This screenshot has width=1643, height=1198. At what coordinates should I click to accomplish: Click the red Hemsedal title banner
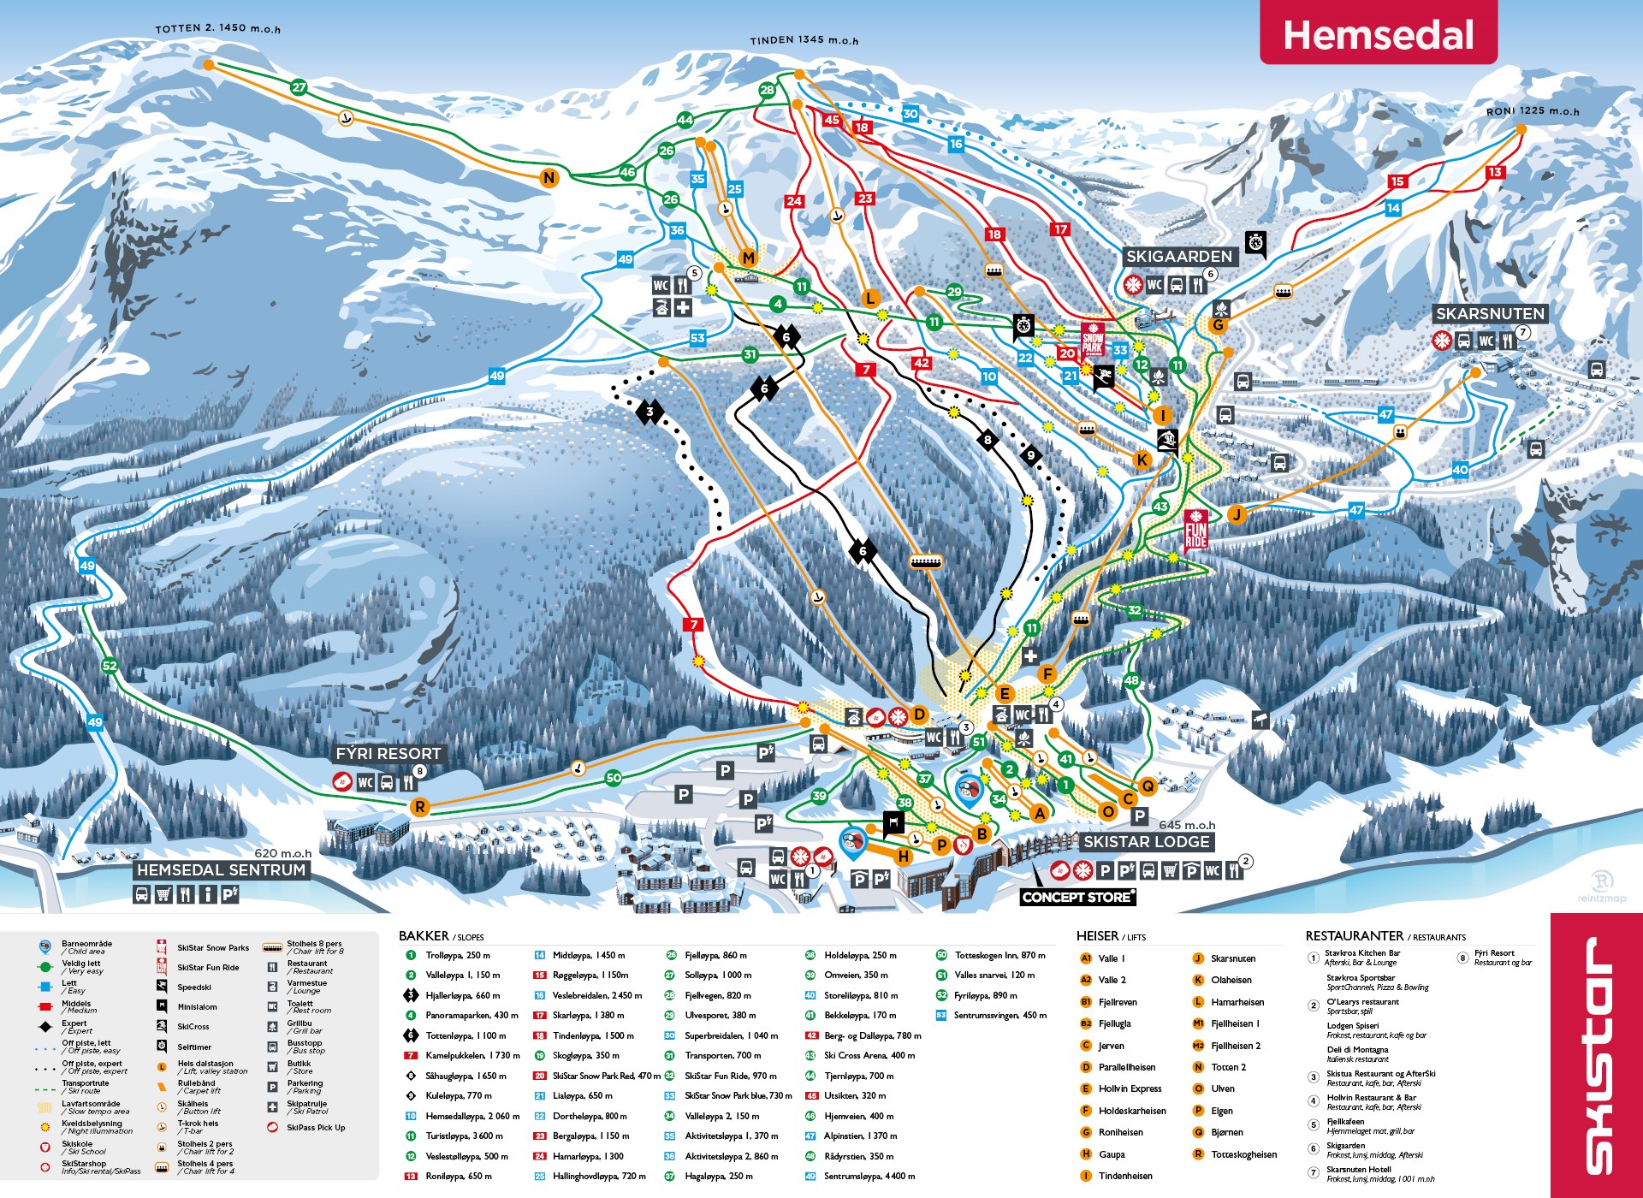click(1378, 34)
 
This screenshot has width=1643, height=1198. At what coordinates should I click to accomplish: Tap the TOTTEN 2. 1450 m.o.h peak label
click(217, 28)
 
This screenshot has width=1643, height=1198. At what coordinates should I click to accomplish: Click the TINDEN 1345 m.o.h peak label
click(804, 39)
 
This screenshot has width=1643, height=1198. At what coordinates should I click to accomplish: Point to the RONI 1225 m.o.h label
click(1532, 111)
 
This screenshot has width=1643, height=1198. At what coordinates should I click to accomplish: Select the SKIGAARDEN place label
click(1178, 257)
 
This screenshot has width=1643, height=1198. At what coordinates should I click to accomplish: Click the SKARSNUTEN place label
click(1489, 314)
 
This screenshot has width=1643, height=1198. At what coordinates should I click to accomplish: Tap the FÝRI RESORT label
click(388, 754)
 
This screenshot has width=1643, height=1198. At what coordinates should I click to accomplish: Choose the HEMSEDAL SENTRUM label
click(221, 869)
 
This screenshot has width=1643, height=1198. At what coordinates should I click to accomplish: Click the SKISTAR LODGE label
click(1146, 842)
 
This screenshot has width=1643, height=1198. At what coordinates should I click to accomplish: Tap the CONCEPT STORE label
click(1077, 897)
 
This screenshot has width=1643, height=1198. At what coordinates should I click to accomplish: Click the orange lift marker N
click(549, 178)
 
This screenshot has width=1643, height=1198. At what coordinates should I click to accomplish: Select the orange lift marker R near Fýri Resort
click(419, 807)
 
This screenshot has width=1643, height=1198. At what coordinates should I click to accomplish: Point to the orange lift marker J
click(1236, 514)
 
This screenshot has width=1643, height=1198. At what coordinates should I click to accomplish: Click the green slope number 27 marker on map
click(298, 87)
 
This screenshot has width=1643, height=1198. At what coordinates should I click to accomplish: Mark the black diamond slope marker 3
click(650, 412)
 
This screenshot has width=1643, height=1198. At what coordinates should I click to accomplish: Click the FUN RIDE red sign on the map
click(1195, 530)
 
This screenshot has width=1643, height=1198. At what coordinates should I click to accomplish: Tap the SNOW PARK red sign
click(1093, 339)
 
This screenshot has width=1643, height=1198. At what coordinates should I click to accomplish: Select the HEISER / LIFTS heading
click(1110, 936)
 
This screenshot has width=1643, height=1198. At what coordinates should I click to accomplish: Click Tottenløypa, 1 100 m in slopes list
click(465, 1035)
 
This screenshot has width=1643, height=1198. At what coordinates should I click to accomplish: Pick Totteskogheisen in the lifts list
click(1243, 1154)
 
